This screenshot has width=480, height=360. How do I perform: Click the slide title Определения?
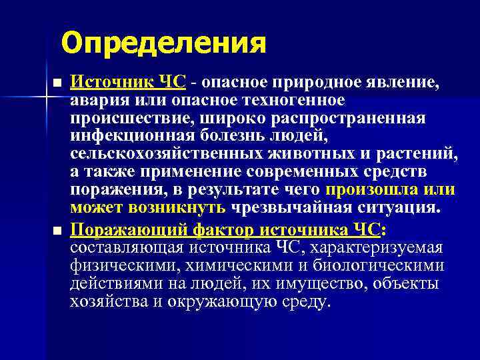pyautogui.click(x=163, y=44)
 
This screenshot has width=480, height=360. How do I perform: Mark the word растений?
pyautogui.click(x=425, y=155)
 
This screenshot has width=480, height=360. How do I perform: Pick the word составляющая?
pyautogui.click(x=123, y=248)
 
